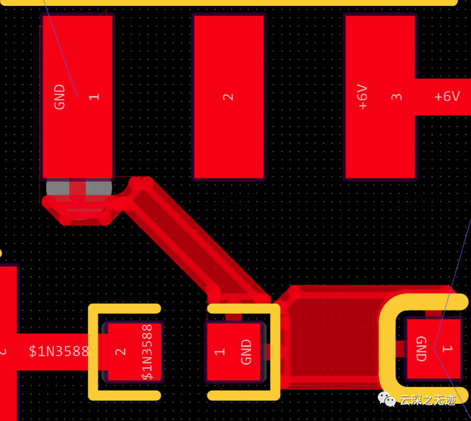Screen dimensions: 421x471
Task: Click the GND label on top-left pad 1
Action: (x=59, y=97)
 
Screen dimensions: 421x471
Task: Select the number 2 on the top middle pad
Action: (x=228, y=97)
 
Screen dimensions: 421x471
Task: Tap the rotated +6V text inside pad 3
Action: (x=363, y=97)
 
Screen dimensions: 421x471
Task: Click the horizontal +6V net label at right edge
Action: (x=447, y=97)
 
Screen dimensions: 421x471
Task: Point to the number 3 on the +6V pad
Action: (x=397, y=97)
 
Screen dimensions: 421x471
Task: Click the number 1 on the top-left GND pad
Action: (x=94, y=97)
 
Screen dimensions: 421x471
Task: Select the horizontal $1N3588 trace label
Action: (x=58, y=352)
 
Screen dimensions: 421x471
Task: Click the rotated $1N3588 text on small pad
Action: (x=147, y=352)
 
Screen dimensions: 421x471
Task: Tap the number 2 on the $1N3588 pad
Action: (x=121, y=352)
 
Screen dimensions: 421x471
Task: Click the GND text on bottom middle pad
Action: (x=246, y=352)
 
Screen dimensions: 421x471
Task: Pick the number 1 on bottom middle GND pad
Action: (x=220, y=352)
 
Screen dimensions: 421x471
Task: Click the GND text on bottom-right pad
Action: (x=421, y=349)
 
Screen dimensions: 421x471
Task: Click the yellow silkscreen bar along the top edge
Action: (x=230, y=2)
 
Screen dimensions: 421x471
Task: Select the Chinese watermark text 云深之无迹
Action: (x=428, y=400)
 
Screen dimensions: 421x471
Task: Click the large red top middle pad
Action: (x=228, y=54)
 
